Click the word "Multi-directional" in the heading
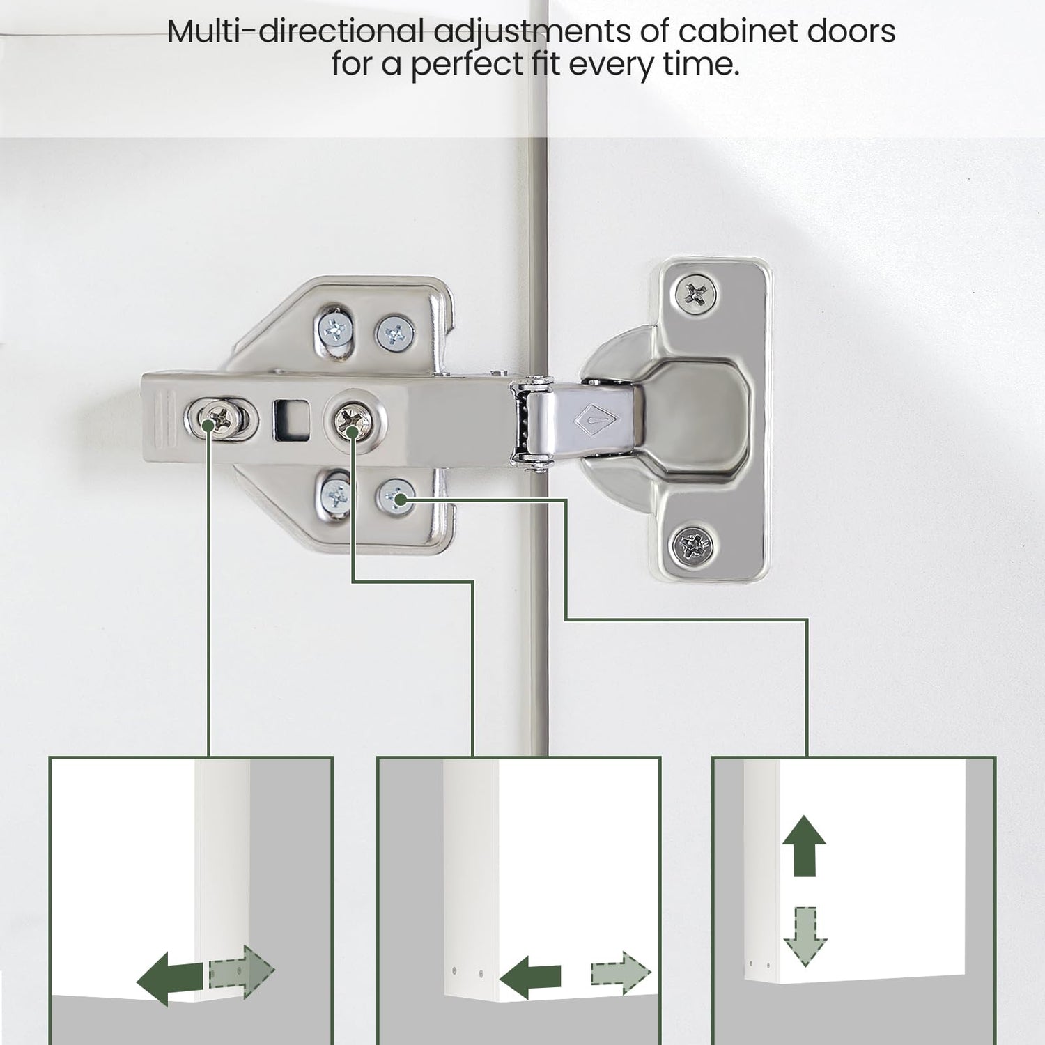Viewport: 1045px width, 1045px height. (295, 32)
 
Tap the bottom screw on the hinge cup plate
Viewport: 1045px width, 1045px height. (694, 544)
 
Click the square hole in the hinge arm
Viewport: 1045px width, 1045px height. (292, 420)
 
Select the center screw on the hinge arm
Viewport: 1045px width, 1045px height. (353, 419)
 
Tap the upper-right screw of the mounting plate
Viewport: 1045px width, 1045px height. (396, 334)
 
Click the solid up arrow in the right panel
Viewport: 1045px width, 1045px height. (804, 845)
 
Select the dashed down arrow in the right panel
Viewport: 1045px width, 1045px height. (805, 937)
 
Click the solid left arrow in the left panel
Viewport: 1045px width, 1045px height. (171, 980)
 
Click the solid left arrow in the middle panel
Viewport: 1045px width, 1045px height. (531, 977)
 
